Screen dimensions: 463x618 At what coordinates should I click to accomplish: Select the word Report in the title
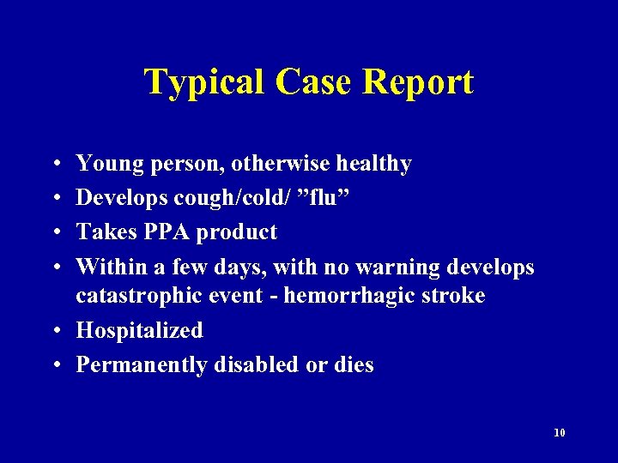coord(418,82)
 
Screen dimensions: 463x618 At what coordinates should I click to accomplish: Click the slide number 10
coord(560,433)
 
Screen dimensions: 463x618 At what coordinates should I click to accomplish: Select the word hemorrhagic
coord(332,296)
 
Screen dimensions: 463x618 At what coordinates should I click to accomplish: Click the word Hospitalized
coord(139,330)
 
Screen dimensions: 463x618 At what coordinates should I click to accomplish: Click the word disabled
coord(260,364)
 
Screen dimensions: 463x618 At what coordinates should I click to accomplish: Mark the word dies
coord(352,364)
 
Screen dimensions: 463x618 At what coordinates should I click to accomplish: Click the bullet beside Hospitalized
coord(54,331)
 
